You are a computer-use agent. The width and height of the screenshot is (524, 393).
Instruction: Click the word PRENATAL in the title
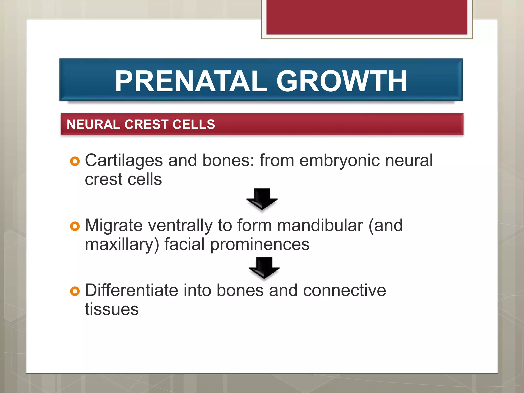tap(191, 81)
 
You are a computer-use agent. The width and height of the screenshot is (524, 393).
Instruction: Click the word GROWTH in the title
tap(341, 81)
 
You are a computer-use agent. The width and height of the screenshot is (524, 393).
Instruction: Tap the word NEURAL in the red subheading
tap(93, 125)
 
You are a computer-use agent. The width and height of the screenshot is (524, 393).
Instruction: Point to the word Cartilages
tap(124, 161)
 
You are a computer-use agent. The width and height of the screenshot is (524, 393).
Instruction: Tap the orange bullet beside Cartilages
tap(75, 161)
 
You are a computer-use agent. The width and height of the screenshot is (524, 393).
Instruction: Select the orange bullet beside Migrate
tap(75, 226)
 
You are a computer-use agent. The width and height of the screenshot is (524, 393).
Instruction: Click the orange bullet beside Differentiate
tap(75, 291)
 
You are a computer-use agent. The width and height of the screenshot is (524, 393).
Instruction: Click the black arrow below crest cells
tap(262, 199)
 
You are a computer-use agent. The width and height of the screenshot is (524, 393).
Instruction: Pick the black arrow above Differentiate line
tap(264, 268)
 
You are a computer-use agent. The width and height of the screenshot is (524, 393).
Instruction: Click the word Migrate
tap(114, 226)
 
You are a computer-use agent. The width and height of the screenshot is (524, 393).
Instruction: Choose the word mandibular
tap(320, 226)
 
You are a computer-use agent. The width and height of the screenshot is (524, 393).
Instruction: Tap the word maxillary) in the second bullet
tap(122, 245)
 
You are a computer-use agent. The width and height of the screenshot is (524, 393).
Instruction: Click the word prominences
tap(260, 245)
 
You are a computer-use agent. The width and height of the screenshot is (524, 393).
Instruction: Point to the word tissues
tap(112, 309)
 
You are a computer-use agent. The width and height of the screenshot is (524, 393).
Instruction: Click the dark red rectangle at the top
tap(367, 17)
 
